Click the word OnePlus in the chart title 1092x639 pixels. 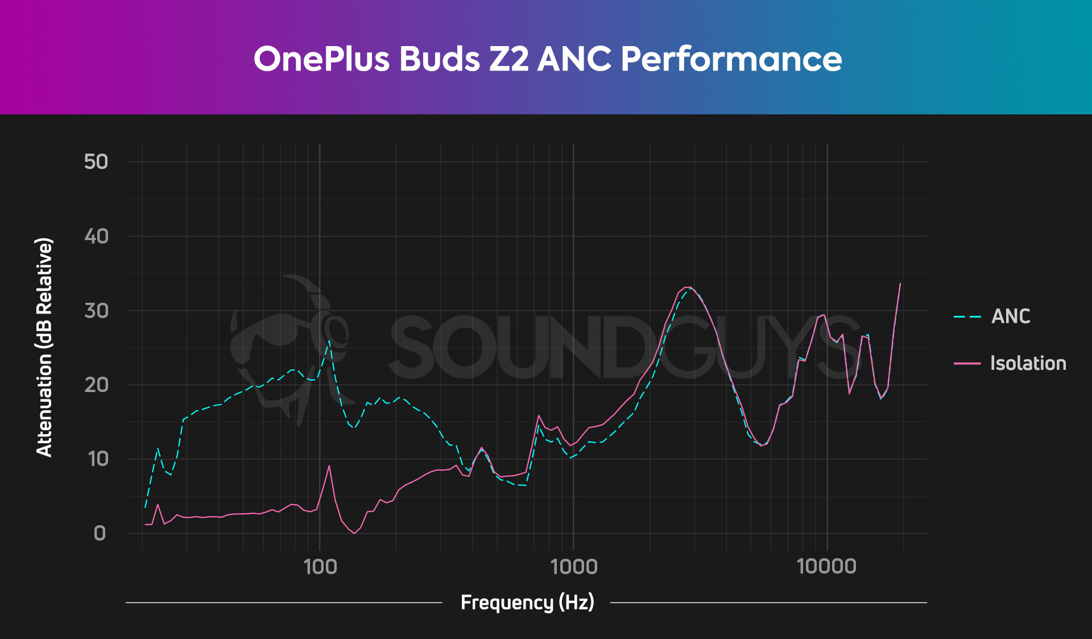click(x=321, y=59)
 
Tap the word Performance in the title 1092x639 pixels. click(x=731, y=59)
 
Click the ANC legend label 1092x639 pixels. click(x=1011, y=316)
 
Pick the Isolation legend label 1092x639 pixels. click(x=1028, y=363)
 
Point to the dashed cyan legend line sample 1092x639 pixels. click(x=967, y=316)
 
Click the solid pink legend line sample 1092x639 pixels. click(x=967, y=363)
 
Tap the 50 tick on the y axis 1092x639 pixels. click(x=96, y=162)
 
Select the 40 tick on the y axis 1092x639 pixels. click(x=96, y=236)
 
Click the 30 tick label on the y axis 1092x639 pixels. click(x=96, y=311)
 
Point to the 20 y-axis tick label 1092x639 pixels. click(x=96, y=385)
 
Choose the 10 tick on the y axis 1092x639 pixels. click(x=98, y=459)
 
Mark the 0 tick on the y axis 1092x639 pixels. click(x=100, y=533)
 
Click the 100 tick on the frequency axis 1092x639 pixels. click(x=320, y=567)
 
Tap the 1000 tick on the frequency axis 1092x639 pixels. click(x=574, y=567)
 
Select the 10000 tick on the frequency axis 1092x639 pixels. click(x=826, y=567)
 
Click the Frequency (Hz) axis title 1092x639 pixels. click(x=527, y=602)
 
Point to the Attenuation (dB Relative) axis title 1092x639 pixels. click(x=44, y=347)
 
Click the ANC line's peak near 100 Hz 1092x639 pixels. click(x=329, y=341)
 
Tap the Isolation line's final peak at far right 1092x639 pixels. click(x=900, y=283)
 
